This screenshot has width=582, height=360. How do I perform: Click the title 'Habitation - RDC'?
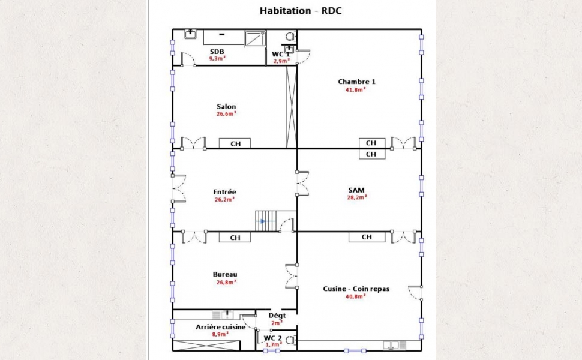click(300, 11)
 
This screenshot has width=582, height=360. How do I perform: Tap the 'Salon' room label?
click(226, 107)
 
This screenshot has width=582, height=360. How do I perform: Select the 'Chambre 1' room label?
click(356, 82)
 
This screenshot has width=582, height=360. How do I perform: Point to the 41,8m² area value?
click(356, 89)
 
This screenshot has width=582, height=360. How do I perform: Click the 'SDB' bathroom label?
click(217, 52)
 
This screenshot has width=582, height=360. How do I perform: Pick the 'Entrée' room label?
click(224, 192)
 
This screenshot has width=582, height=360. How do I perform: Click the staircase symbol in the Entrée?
click(266, 221)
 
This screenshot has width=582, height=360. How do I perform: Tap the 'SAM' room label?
click(356, 190)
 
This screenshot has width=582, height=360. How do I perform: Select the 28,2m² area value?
click(357, 197)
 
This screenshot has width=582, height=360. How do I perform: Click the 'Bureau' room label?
click(225, 274)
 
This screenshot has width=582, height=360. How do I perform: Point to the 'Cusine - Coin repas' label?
click(356, 289)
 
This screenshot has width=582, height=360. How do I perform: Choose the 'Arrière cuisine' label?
click(220, 327)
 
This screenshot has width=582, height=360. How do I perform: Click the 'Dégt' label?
click(277, 316)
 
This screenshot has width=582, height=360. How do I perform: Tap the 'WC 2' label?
click(273, 338)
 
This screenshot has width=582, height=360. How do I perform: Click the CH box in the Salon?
click(235, 143)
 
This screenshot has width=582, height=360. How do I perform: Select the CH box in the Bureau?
click(235, 237)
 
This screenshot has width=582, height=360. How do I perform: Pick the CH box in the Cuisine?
click(367, 237)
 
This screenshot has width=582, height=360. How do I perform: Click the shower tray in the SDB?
click(255, 38)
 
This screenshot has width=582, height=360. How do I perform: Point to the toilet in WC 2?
click(290, 339)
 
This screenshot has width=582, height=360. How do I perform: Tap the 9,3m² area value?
click(217, 59)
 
